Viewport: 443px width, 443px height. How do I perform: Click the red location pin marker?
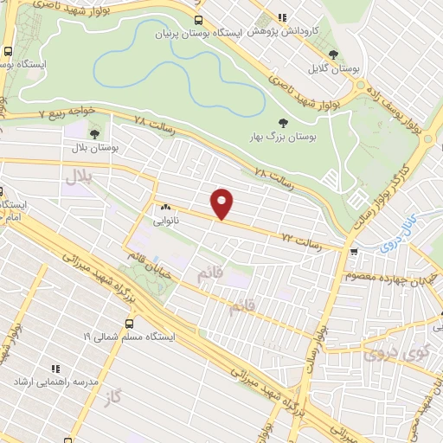tap(223, 203)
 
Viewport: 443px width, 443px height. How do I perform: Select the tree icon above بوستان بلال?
tap(93, 132)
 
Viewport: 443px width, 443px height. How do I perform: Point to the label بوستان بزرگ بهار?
tap(289, 137)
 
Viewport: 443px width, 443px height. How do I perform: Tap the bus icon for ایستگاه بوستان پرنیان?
tap(200, 20)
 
